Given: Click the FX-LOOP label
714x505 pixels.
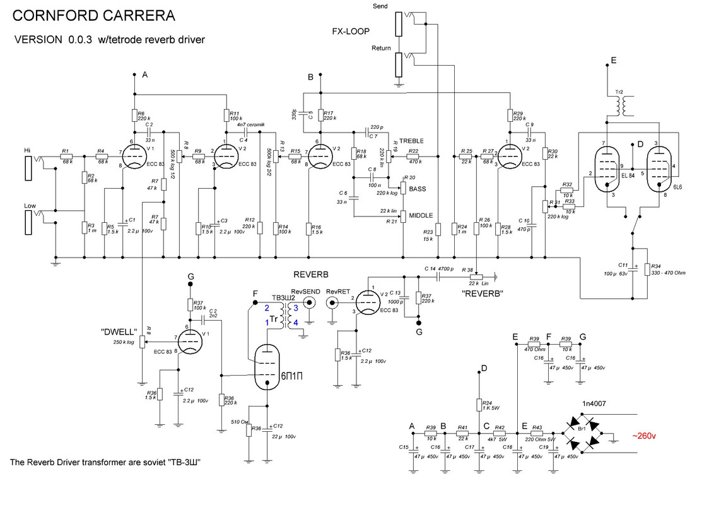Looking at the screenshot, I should pyautogui.click(x=351, y=30).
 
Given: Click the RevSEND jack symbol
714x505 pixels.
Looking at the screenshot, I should pyautogui.click(x=309, y=303).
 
